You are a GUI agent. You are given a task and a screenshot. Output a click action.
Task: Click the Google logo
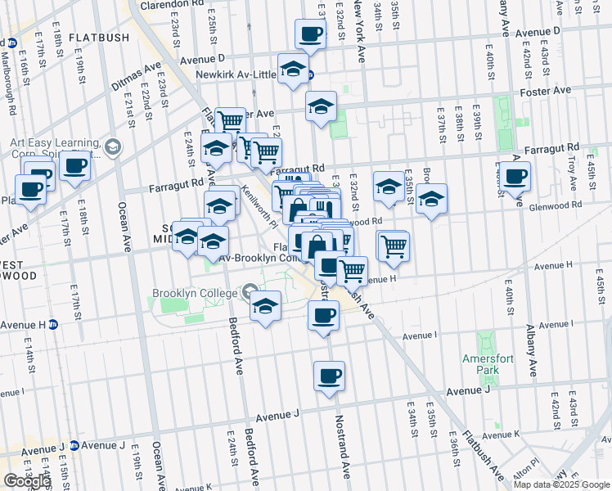pyautogui.click(x=28, y=480)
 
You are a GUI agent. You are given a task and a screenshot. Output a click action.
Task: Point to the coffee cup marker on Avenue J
pyautogui.click(x=329, y=376)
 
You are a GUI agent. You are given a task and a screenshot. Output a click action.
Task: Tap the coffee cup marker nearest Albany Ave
pyautogui.click(x=515, y=177)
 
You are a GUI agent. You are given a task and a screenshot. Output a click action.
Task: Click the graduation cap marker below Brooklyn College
pyautogui.click(x=264, y=307)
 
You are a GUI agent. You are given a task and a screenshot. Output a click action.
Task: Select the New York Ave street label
pyautogui.click(x=357, y=33)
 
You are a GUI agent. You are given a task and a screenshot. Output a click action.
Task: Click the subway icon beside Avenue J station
pyautogui.click(x=74, y=445)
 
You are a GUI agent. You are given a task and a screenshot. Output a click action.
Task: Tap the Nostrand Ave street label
pyautogui.click(x=344, y=446)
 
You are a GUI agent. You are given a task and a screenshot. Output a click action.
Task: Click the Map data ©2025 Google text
pyautogui.click(x=561, y=484)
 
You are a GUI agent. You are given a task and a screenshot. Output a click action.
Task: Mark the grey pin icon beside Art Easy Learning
pyautogui.click(x=113, y=148)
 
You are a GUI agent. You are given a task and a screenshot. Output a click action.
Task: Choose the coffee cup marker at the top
pyautogui.click(x=309, y=35)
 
